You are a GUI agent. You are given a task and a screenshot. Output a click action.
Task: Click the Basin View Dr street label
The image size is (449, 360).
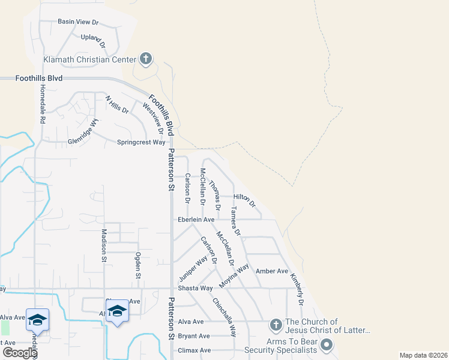tap(77, 22)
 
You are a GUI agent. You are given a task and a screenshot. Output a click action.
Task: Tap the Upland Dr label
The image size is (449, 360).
tap(93, 40)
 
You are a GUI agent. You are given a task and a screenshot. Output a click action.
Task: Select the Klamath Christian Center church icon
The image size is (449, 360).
tap(145, 59)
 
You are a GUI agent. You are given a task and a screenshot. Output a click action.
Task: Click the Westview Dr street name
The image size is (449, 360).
tap(154, 118)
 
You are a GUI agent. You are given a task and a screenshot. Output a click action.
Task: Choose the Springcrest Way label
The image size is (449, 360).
tap(140, 142)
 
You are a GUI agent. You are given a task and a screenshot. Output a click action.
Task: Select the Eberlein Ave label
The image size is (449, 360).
tap(196, 220)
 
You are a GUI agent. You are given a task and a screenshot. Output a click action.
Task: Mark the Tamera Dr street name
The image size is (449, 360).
tap(235, 220)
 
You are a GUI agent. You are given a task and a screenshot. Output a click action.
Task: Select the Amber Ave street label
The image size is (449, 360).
tap(272, 271)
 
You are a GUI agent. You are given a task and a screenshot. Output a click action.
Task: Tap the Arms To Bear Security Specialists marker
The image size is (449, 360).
tap(327, 344)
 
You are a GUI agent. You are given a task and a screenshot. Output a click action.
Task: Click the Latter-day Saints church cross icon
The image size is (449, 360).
tap(276, 325)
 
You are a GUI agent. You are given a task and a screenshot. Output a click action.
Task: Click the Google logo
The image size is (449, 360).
tap(20, 353)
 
